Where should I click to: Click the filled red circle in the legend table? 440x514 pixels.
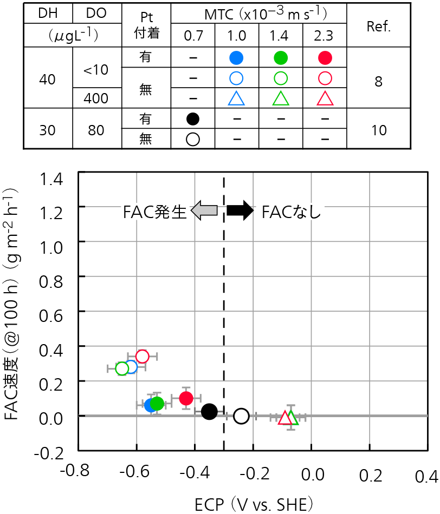tap(325, 57)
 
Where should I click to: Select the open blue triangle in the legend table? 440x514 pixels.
tap(236, 98)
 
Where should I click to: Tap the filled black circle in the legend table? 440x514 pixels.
tap(192, 118)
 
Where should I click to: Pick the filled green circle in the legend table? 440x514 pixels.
tap(280, 57)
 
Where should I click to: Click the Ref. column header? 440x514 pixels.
tap(379, 27)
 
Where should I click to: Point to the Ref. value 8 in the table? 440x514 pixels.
tap(379, 81)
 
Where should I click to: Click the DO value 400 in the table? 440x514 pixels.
tap(96, 98)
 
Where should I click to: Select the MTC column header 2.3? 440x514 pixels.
tap(325, 37)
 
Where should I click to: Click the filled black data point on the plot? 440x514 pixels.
tap(209, 411)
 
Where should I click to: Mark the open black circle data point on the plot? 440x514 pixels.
tap(241, 416)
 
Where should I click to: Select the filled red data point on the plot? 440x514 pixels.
tap(186, 398)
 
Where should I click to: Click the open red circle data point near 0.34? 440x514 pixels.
tap(142, 356)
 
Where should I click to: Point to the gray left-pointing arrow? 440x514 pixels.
tap(205, 210)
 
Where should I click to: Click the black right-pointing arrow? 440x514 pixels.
tap(240, 210)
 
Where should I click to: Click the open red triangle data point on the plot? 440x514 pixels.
tap(285, 418)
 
